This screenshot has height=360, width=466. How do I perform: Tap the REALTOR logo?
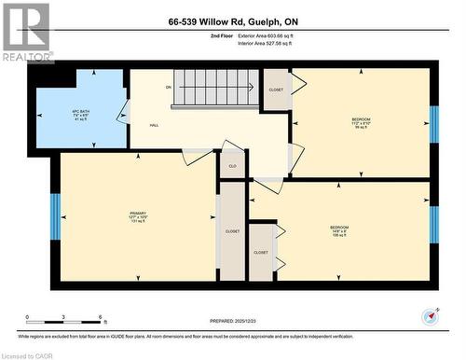[x=27, y=33]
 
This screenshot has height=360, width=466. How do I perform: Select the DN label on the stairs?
[x=169, y=88]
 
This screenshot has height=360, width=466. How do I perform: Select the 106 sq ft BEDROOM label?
[x=339, y=230]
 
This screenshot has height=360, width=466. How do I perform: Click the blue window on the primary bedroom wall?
[x=55, y=216]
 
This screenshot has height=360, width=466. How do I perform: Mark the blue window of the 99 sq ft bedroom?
[x=433, y=123]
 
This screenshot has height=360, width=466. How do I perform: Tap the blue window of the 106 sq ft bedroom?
[x=433, y=224]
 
